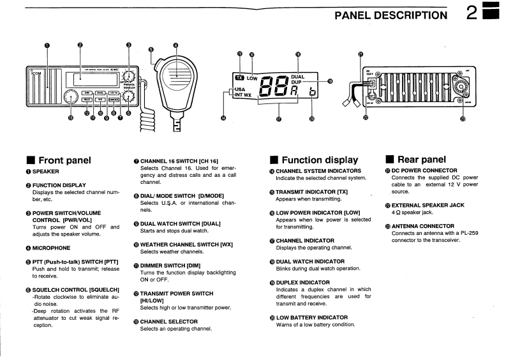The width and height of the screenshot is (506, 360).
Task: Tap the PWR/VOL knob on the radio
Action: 130,76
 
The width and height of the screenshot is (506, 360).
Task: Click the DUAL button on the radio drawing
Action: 101,93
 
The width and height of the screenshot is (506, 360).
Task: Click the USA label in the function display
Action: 241,89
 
